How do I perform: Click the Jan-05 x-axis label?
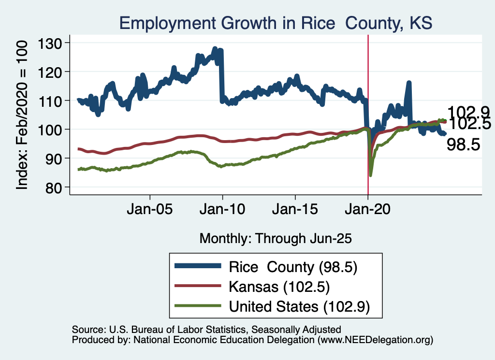[x=150, y=212]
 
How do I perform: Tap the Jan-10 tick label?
[x=222, y=212]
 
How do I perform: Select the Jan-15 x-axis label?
[x=295, y=212]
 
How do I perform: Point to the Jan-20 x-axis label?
[x=368, y=212]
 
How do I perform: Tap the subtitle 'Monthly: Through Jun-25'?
[x=275, y=238]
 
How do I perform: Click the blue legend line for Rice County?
[x=198, y=266]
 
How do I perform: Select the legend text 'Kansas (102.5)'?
[x=279, y=287]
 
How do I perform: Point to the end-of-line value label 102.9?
[x=468, y=112]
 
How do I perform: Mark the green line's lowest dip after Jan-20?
[x=371, y=175]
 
